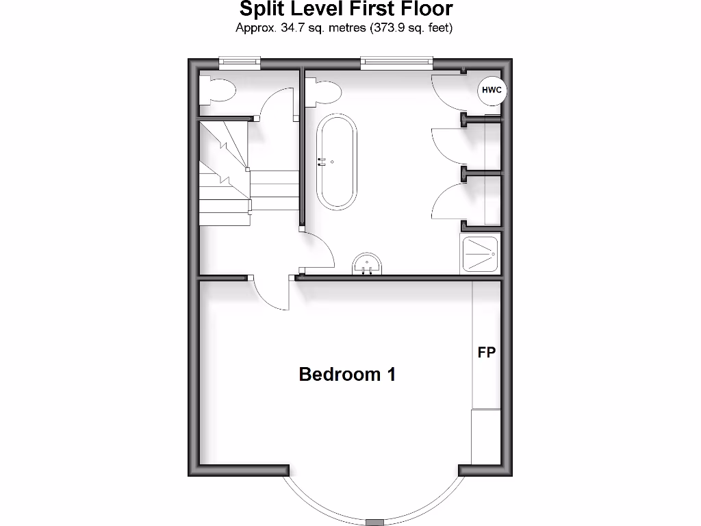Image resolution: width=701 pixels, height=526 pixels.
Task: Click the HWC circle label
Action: tap(492, 90)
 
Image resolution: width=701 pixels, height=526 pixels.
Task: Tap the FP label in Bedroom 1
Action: tap(486, 353)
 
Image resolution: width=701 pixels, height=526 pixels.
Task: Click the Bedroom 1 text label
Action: tap(347, 375)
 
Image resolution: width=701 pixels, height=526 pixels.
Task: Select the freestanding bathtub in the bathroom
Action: tap(336, 162)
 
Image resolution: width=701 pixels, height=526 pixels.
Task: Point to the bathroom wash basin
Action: tap(368, 264)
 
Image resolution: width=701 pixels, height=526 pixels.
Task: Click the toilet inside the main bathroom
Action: tap(323, 90)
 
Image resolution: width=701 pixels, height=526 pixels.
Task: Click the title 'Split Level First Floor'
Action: tap(346, 10)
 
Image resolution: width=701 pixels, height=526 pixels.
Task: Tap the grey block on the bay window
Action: tap(375, 522)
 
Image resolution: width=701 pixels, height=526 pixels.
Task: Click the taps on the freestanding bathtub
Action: tap(322, 162)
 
